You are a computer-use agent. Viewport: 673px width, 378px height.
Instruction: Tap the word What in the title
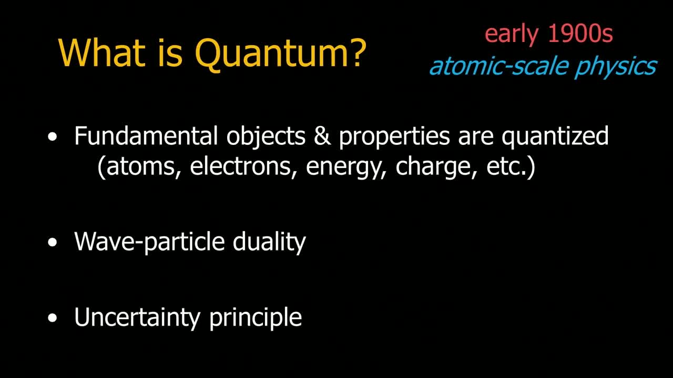coord(102,52)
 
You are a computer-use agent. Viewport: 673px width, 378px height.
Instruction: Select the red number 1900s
coord(580,33)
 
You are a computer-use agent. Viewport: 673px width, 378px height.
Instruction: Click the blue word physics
coord(616,67)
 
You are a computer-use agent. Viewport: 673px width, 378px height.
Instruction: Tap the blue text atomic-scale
coord(499,66)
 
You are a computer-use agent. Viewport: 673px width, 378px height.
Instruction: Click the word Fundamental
coord(146,135)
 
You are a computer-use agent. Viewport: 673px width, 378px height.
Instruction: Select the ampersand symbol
coord(322,135)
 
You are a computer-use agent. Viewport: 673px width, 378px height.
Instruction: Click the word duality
coord(269,243)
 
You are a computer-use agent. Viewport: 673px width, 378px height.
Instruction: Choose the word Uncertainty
coord(137,318)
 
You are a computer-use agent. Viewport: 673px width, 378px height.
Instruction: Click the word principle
coord(256,318)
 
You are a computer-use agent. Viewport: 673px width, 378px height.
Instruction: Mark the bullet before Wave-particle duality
coord(52,243)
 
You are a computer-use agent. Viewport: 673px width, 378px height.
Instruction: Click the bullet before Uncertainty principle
coord(52,318)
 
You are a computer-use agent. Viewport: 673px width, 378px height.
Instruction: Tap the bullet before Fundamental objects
coord(52,137)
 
